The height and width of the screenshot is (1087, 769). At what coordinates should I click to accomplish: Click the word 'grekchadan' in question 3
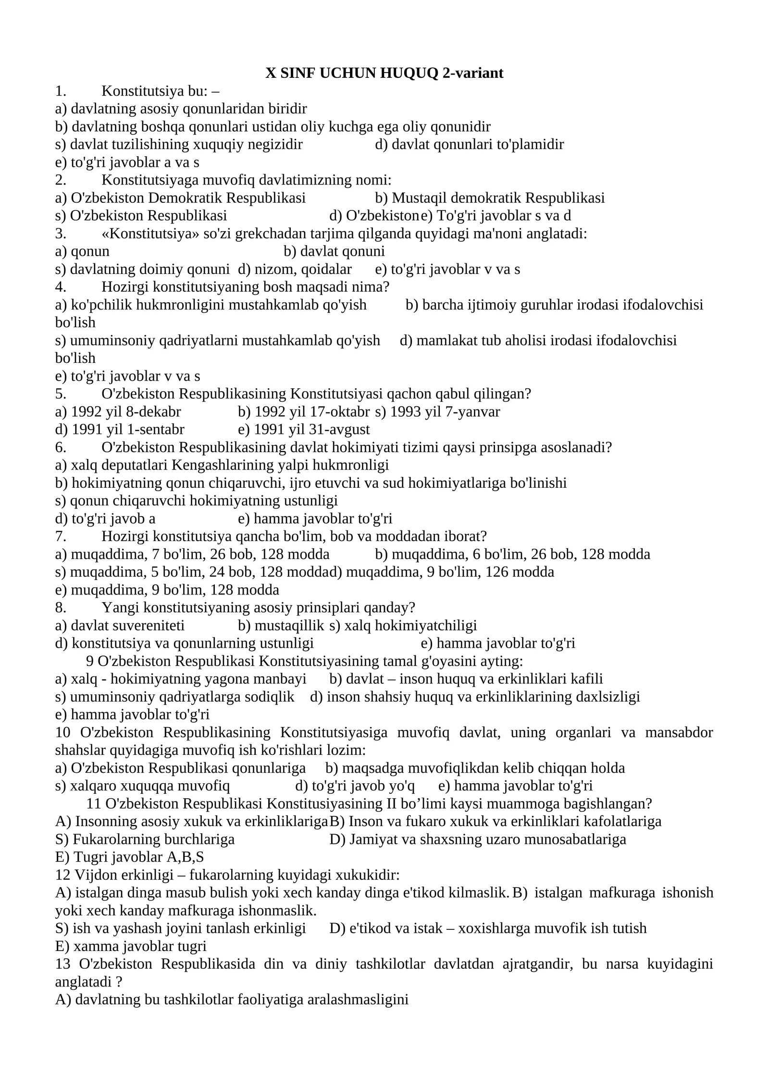click(x=259, y=234)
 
